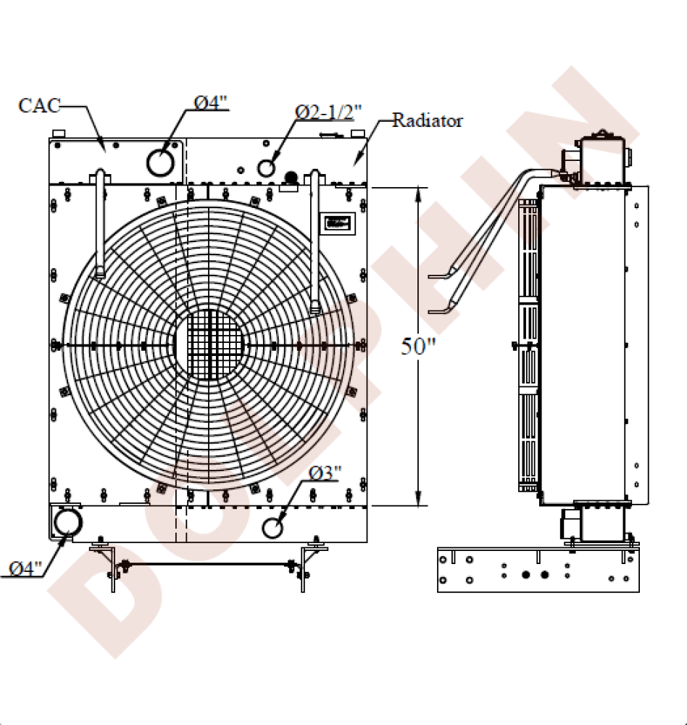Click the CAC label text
(x=38, y=106)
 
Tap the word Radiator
(x=427, y=120)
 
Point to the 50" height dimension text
(x=418, y=347)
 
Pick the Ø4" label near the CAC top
(x=212, y=102)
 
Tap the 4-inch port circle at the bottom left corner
(x=67, y=522)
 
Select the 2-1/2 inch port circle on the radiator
(x=267, y=168)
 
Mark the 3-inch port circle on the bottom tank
(x=273, y=527)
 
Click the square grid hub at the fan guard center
(x=209, y=344)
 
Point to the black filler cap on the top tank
(x=291, y=178)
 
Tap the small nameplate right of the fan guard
(x=338, y=223)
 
